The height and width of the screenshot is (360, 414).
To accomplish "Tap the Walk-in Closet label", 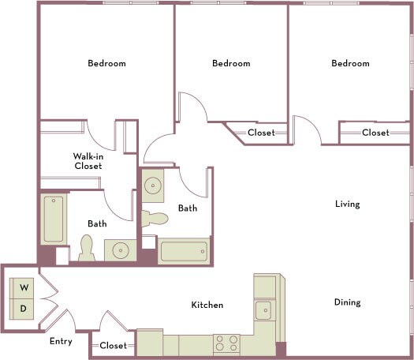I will pos(88,161).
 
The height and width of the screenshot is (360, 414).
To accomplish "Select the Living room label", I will pos(347,204).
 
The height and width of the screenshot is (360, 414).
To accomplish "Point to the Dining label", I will pos(347,302).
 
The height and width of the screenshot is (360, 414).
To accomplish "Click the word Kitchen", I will pos(207,305).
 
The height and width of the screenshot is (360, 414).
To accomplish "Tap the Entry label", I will pos(61,342).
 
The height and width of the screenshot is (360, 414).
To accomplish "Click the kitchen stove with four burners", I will pos(227,343).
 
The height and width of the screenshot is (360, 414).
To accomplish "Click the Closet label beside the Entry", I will pos(113,346).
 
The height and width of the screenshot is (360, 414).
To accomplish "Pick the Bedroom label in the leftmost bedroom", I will pos(106,63).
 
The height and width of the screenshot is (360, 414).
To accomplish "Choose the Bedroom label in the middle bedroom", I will pos(231,63).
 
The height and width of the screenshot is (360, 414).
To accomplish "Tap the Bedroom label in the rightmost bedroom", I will pos(350,63).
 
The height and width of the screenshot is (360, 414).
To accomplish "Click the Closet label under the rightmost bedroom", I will pos(375,133).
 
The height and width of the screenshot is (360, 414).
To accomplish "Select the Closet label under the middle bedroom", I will pos(261,133).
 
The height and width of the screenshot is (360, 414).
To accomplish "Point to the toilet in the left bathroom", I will pos(86,250).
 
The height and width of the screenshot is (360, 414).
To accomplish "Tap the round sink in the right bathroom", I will pos(152,186).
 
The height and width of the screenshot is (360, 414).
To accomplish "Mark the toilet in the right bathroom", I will pos(155,219).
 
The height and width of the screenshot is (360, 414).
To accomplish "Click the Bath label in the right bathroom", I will pos(188,208).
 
